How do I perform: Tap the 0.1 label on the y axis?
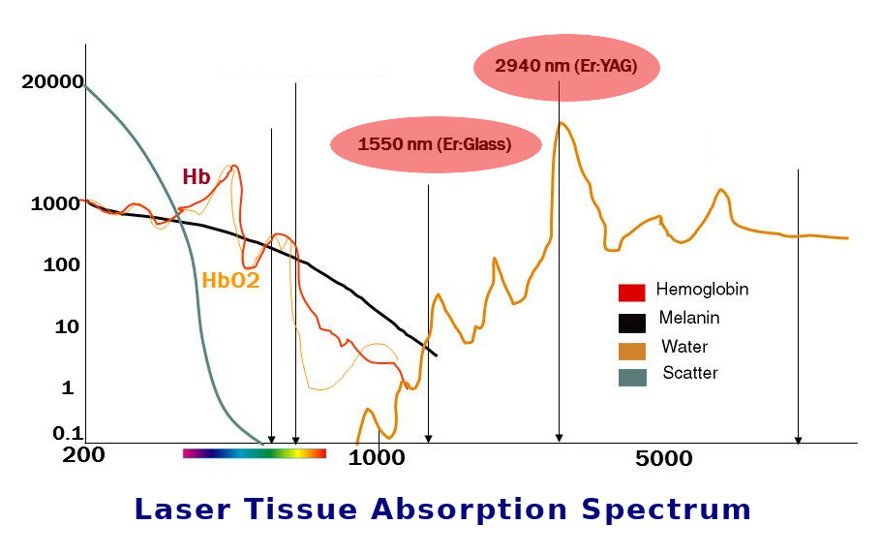tap(68, 433)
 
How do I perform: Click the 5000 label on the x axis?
tap(664, 458)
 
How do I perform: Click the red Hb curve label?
tap(197, 177)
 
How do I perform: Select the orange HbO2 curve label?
tap(230, 281)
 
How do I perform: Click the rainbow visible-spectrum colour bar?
tap(254, 452)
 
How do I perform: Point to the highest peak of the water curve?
tap(560, 123)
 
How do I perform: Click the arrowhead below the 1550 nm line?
tap(428, 438)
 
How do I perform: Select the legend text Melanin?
tap(689, 318)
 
